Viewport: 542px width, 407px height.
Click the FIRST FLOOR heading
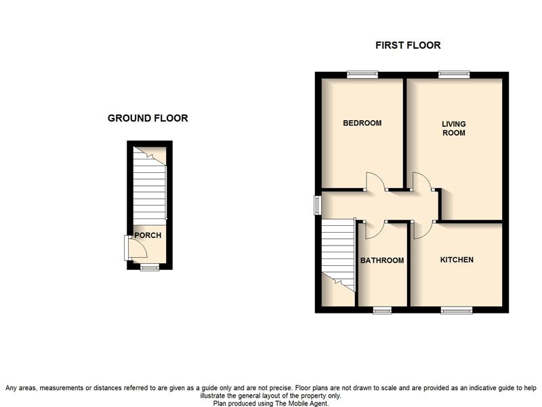click(x=408, y=45)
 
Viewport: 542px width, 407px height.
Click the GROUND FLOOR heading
click(x=148, y=118)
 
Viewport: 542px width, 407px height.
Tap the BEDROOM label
click(x=362, y=123)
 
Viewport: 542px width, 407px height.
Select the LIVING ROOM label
click(x=453, y=128)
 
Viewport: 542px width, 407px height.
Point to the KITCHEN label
click(x=457, y=260)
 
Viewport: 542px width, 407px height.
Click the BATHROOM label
click(x=382, y=260)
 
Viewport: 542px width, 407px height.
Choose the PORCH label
click(x=147, y=235)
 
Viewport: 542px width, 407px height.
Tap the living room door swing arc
click(x=422, y=180)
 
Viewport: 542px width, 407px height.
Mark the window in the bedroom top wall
click(x=362, y=75)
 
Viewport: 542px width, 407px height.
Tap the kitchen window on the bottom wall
click(x=457, y=310)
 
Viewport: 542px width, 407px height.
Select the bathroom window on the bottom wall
click(x=382, y=310)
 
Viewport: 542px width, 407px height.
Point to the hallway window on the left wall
click(x=317, y=205)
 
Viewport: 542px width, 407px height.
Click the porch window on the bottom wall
click(x=150, y=268)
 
